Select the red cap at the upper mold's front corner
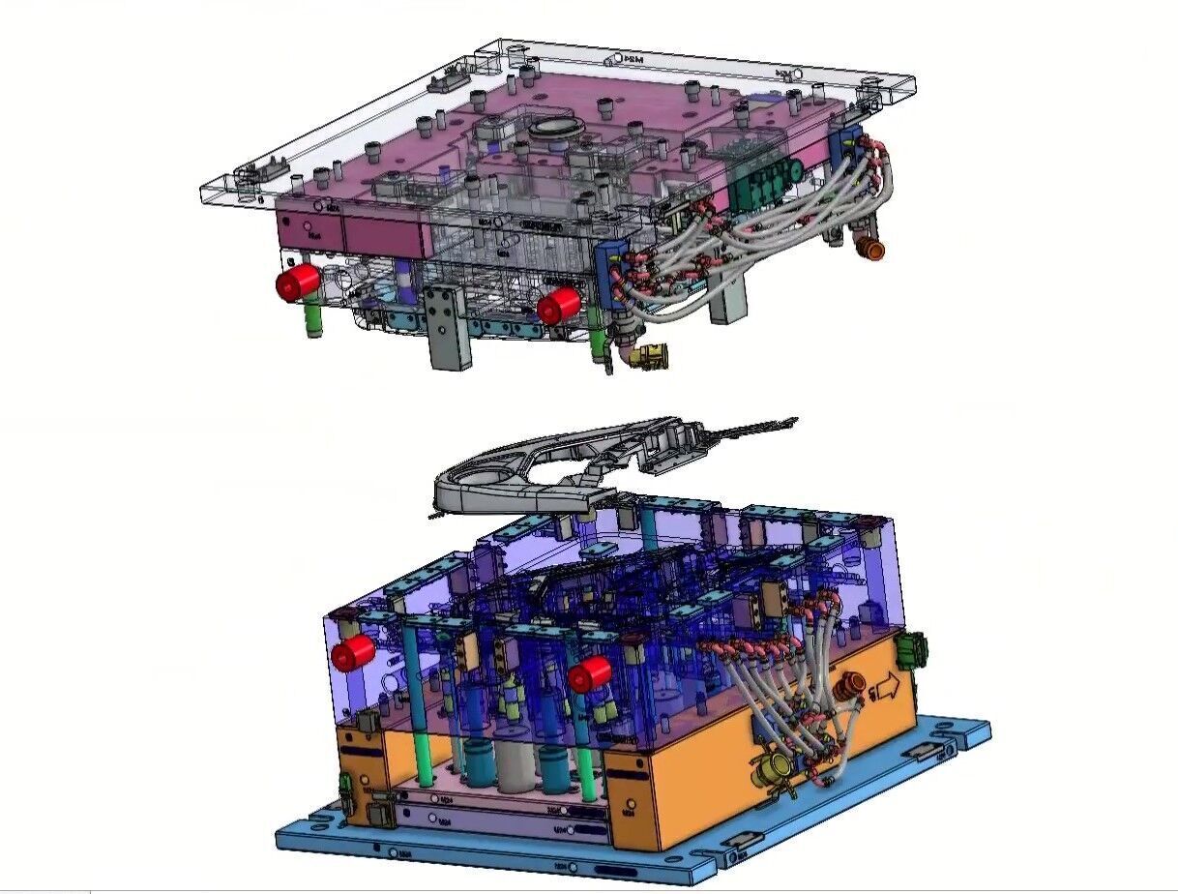[x=558, y=307]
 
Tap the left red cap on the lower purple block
[x=352, y=653]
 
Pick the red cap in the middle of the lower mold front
[x=589, y=674]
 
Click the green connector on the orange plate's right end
[x=912, y=649]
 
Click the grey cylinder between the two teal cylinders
[x=513, y=763]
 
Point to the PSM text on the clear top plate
[x=633, y=60]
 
